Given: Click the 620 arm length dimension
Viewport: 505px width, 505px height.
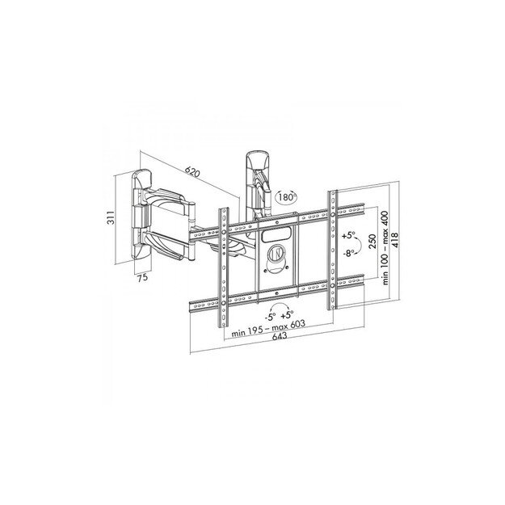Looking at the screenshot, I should point(191,171).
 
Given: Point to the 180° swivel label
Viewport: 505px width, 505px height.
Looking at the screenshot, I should point(284,196).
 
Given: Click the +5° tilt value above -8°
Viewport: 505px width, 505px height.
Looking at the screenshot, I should point(348,237).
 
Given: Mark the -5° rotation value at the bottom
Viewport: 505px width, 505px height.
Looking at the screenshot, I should point(267,316).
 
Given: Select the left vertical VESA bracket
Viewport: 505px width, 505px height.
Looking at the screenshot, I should point(220,266).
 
